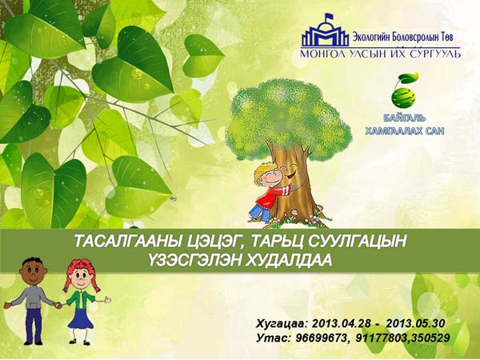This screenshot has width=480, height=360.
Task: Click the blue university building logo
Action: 325,30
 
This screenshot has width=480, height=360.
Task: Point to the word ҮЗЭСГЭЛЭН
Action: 195,261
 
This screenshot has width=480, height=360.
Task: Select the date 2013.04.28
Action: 341,324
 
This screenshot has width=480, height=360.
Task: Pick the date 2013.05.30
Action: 415,323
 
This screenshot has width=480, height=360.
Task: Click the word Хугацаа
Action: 282,324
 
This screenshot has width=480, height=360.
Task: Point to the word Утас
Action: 274,338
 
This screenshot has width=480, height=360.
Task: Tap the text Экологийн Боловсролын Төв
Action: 402,38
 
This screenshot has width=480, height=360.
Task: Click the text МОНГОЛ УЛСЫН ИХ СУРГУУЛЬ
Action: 380,54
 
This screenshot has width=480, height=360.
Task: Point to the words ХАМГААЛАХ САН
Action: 404,131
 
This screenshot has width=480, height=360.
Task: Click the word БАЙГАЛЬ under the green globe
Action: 404,118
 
